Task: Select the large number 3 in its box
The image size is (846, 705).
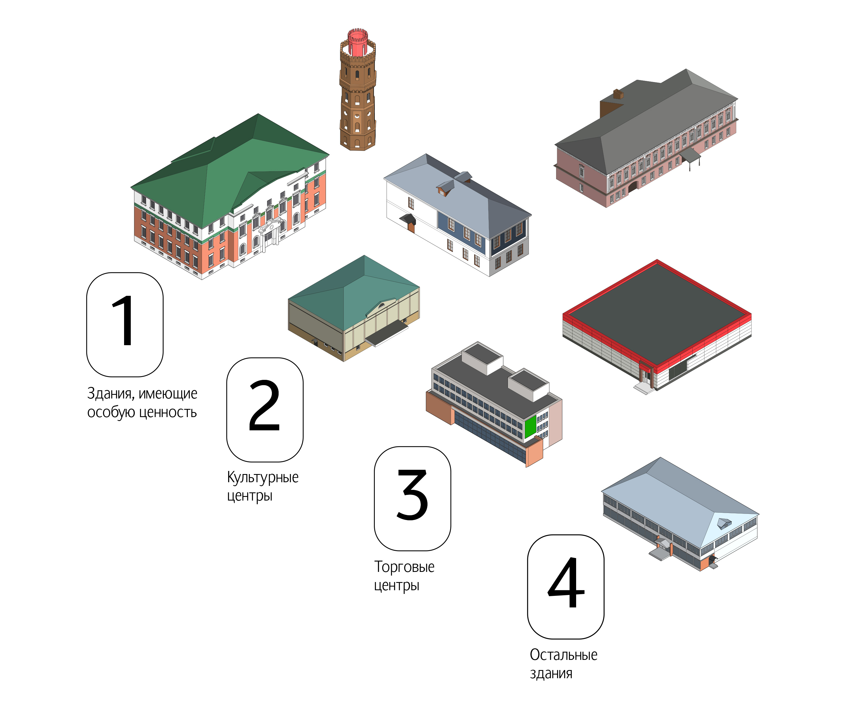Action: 412,494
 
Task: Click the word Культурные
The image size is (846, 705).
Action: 263,477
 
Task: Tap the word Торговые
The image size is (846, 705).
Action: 404,567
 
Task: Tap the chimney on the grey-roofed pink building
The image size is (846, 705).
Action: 618,94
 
